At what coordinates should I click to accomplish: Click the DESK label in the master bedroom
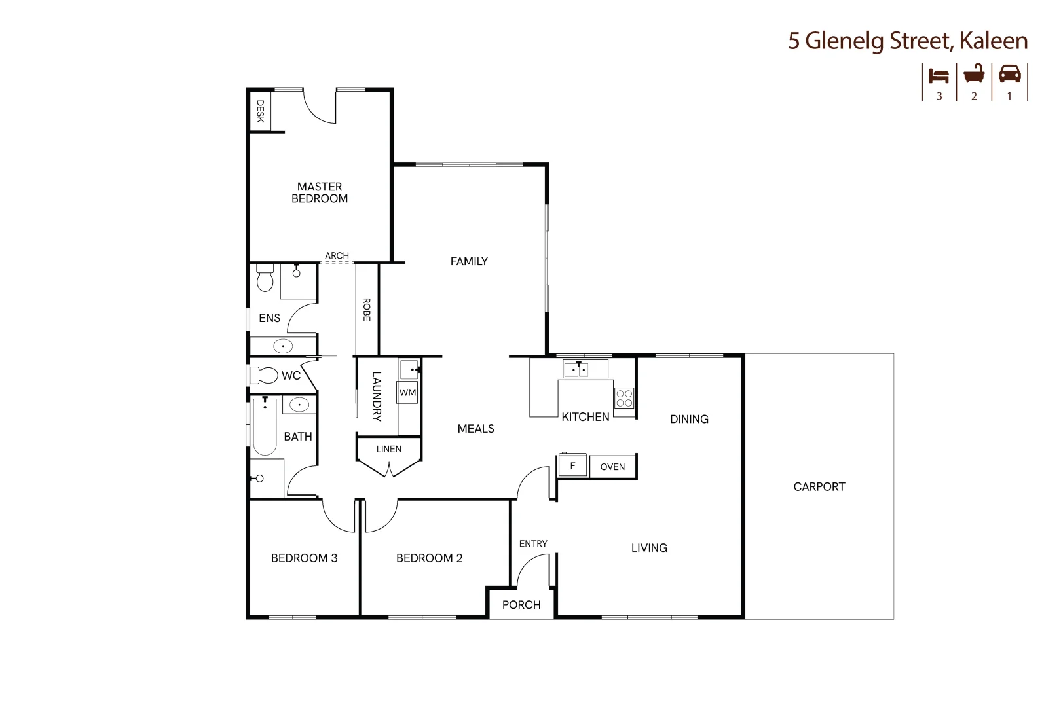point(260,111)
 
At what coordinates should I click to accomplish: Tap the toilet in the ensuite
point(265,279)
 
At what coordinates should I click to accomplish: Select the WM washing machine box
point(407,393)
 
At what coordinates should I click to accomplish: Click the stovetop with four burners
point(624,398)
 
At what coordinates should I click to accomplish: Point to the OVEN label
point(612,467)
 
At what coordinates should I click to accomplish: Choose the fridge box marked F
point(572,466)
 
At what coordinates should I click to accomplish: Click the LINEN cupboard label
point(389,449)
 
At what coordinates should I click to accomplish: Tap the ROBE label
point(367,309)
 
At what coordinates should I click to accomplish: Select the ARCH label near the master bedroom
point(337,255)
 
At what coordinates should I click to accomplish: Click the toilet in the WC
point(266,376)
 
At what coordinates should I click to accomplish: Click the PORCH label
point(521,605)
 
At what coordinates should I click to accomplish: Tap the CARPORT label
point(819,486)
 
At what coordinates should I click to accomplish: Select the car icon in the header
point(1009,74)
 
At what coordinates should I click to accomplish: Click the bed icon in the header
point(939,75)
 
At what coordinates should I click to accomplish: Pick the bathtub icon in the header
point(974,74)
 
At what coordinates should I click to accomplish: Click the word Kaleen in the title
point(993,41)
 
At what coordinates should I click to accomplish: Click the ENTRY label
point(533,543)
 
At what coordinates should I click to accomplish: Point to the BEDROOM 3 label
point(304,558)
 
